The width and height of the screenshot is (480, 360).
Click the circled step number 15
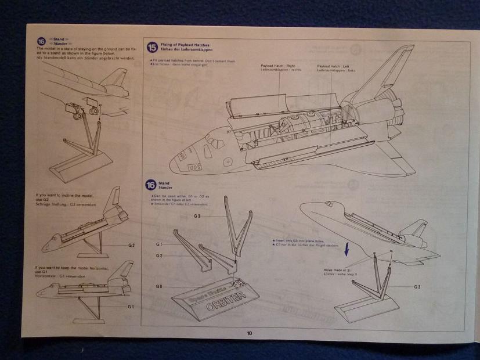click(x=152, y=48)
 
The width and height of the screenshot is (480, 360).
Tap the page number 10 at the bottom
click(x=249, y=333)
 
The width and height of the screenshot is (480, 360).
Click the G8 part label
click(x=158, y=286)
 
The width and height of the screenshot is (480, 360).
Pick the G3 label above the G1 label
click(x=197, y=216)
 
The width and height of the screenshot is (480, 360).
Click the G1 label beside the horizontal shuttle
click(x=131, y=306)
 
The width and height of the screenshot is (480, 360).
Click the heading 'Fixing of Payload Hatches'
click(x=184, y=45)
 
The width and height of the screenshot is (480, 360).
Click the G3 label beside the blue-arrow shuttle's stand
click(x=417, y=287)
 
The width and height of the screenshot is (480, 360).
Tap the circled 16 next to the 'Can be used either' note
click(x=150, y=186)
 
